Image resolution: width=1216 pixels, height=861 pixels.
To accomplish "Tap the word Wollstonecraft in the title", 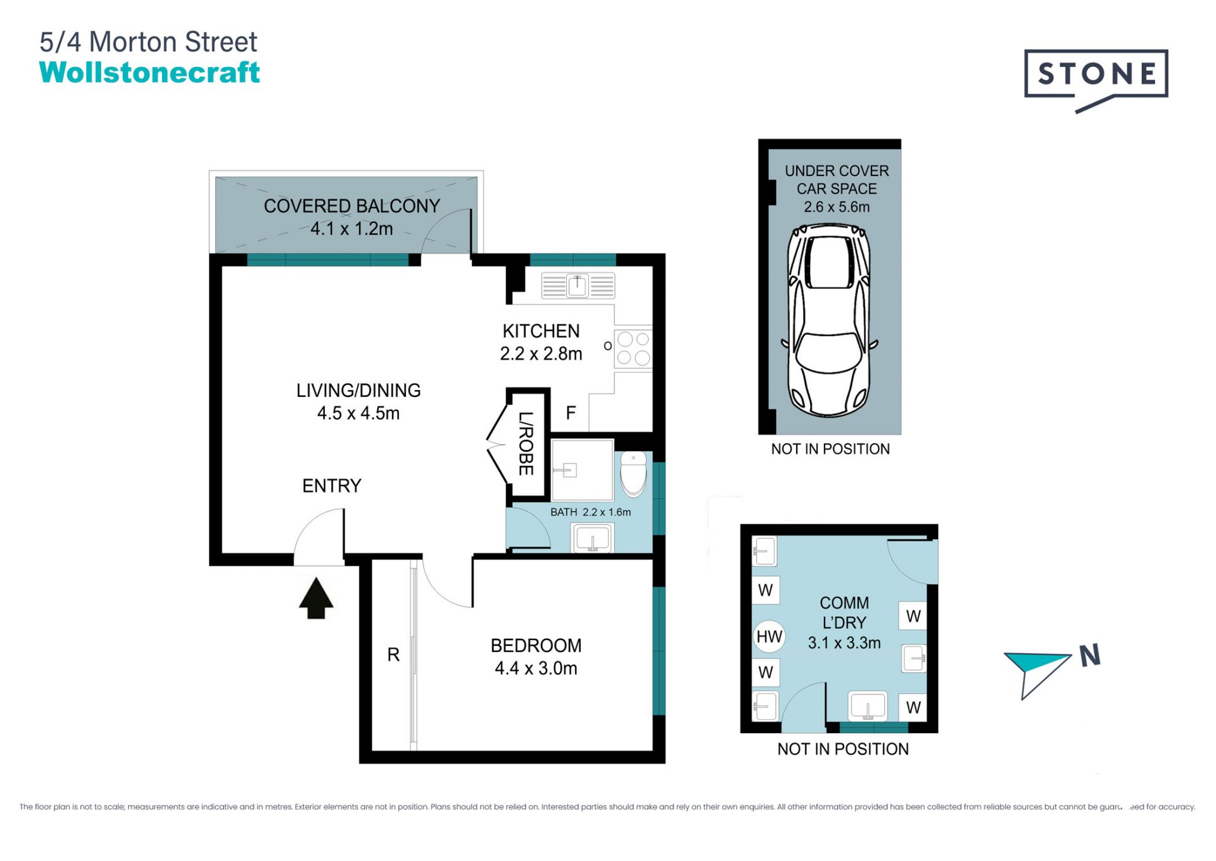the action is (149, 72).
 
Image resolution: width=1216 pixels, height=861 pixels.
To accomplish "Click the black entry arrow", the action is (316, 598).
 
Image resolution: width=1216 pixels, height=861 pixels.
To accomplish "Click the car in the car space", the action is (829, 320).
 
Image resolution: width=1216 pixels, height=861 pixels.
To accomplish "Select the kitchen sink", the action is (578, 286).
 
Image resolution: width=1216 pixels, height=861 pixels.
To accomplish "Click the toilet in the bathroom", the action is (633, 474).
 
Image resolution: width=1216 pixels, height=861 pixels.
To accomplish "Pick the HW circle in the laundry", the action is (769, 637).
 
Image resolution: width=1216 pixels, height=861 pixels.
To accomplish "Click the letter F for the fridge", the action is (571, 413).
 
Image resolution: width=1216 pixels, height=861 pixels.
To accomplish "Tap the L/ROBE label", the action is (526, 443).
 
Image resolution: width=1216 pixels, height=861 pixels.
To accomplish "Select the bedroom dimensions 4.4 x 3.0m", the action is (536, 669).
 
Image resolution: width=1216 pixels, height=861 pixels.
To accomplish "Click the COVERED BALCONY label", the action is (351, 206).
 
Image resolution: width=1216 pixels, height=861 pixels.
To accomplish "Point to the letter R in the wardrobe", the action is (393, 655).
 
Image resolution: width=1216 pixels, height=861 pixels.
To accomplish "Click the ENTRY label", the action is (332, 486).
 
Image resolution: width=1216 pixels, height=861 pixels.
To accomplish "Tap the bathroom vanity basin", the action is (592, 539).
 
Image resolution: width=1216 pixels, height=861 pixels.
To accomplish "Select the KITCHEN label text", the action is (541, 331).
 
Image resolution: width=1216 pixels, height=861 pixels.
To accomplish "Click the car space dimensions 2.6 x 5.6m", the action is (837, 207).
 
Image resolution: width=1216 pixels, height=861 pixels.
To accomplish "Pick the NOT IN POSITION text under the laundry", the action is (843, 749).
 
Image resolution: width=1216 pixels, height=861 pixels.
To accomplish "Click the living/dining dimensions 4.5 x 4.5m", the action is (358, 413).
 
